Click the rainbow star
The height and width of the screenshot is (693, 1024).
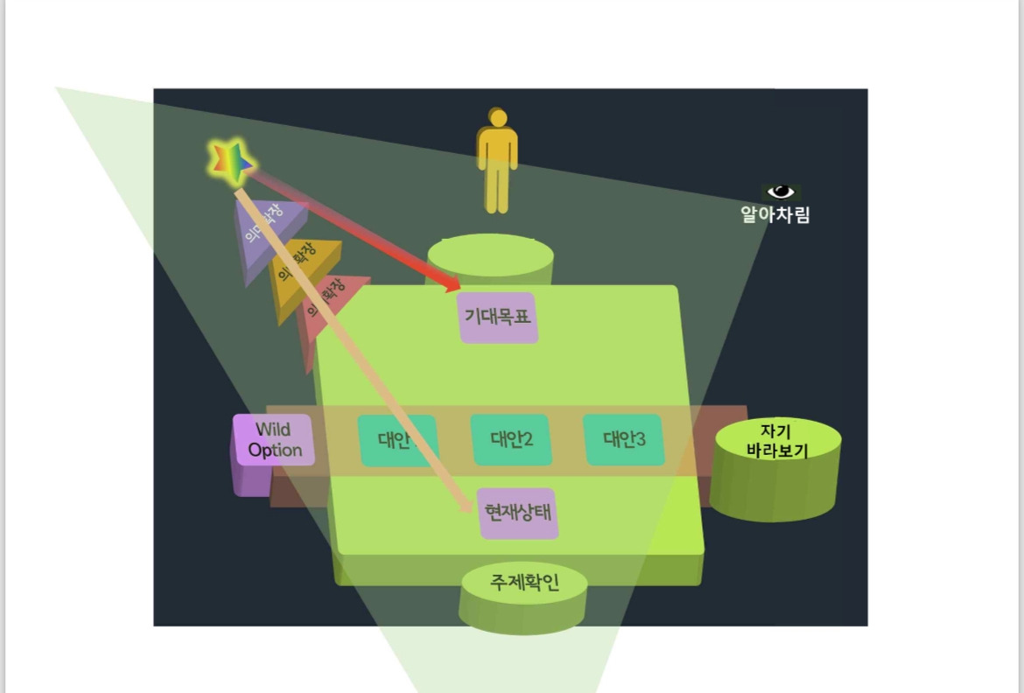(231, 161)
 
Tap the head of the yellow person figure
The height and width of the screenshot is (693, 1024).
(498, 118)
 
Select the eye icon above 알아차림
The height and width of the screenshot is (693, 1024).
(780, 192)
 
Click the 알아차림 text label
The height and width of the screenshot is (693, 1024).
(775, 215)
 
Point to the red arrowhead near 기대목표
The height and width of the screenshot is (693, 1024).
(452, 285)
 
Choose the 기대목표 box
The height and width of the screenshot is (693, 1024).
(497, 318)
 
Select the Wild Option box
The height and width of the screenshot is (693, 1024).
(274, 440)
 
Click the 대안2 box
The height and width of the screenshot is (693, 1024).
(510, 439)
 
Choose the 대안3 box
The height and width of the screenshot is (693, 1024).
(624, 439)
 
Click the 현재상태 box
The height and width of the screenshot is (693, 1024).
(518, 514)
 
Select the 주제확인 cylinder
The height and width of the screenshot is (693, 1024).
(523, 594)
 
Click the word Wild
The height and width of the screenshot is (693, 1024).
(273, 430)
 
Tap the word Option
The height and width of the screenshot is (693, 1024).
(275, 451)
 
